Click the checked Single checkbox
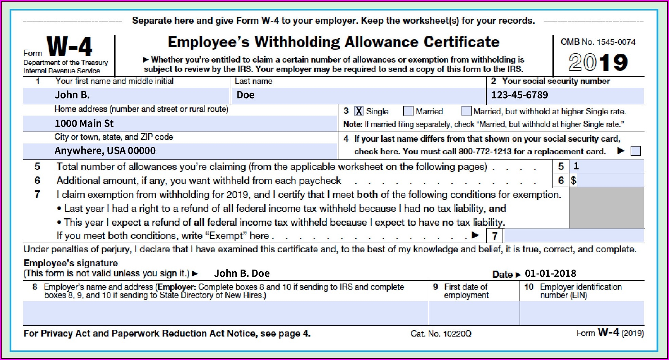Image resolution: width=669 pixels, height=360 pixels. (x=358, y=111)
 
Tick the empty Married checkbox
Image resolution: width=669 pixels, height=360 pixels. (x=408, y=111)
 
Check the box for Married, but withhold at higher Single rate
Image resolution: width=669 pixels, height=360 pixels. (x=466, y=111)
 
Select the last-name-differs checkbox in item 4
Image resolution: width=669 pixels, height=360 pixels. (x=635, y=151)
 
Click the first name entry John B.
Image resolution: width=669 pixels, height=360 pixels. (x=72, y=95)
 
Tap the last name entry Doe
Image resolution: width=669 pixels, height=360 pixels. (x=245, y=95)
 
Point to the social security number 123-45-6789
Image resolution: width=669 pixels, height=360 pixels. (x=520, y=95)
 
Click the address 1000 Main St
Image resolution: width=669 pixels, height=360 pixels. (x=84, y=123)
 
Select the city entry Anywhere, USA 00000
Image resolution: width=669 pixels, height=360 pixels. (x=105, y=151)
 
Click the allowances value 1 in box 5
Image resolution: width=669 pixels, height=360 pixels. (x=576, y=166)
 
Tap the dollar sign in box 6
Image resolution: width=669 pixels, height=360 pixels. (x=574, y=181)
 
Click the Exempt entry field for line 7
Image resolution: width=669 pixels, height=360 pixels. (x=574, y=236)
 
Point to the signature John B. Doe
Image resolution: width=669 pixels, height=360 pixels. (x=242, y=274)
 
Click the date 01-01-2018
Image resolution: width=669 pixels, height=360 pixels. (x=550, y=274)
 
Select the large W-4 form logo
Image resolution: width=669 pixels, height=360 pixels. (x=69, y=47)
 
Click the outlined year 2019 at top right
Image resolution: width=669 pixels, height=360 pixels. (x=598, y=62)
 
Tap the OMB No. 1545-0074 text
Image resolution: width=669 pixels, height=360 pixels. (x=598, y=42)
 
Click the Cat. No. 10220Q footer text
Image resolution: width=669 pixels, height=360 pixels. (x=441, y=334)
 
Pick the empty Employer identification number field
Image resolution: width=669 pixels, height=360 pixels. (x=582, y=313)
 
